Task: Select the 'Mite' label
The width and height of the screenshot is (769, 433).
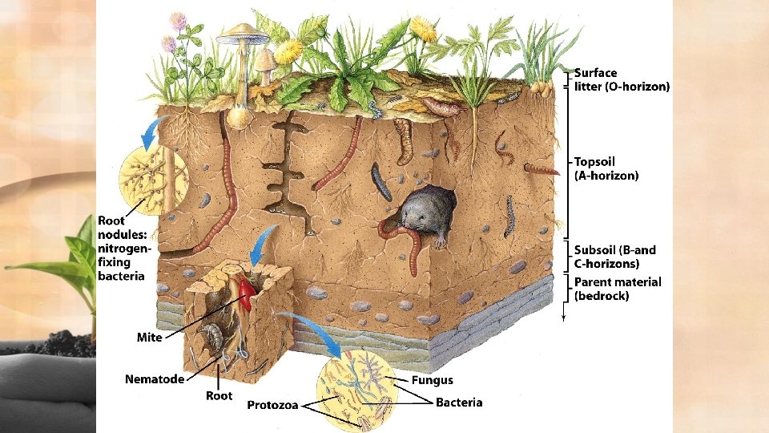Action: (149, 338)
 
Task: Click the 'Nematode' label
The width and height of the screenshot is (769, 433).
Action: (155, 378)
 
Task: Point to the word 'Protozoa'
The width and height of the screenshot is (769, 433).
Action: (272, 405)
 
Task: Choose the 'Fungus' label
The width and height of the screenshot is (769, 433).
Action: (432, 380)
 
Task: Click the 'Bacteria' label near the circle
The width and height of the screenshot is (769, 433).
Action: (459, 402)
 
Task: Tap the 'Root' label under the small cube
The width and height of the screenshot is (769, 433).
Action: (219, 395)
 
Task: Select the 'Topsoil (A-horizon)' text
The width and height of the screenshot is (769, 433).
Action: (606, 168)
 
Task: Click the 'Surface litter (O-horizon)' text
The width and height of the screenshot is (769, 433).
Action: (622, 79)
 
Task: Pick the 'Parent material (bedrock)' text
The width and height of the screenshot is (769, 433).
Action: (618, 289)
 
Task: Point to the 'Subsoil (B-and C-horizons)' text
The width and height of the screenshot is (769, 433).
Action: (614, 257)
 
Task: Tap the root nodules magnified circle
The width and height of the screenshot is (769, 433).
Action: (153, 176)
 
